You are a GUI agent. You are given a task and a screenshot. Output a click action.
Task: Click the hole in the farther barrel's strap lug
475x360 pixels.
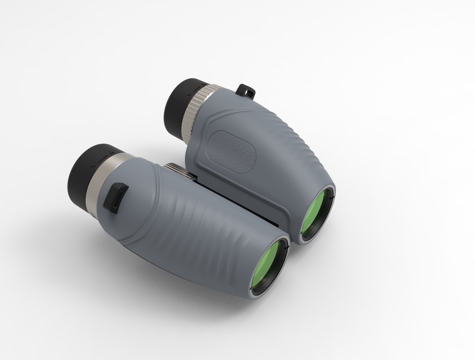click(248, 91)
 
